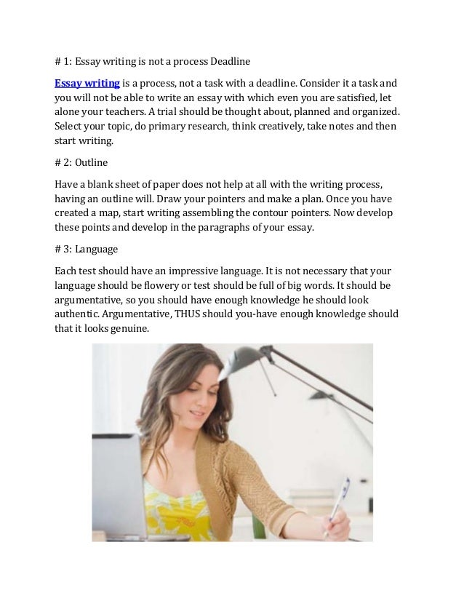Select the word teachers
point(145,114)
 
